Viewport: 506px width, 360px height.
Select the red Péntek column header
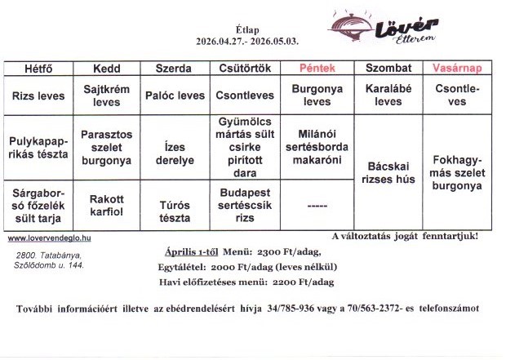tap(317, 69)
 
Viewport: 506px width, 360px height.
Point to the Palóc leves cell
tap(175, 95)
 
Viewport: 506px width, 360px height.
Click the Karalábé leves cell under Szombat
tap(388, 95)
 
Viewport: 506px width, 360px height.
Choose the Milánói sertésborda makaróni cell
tap(317, 146)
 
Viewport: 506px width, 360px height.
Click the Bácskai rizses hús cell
tap(388, 172)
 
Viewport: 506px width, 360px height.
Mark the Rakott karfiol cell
tap(107, 204)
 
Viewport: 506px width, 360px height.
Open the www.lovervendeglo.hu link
tap(49, 238)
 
